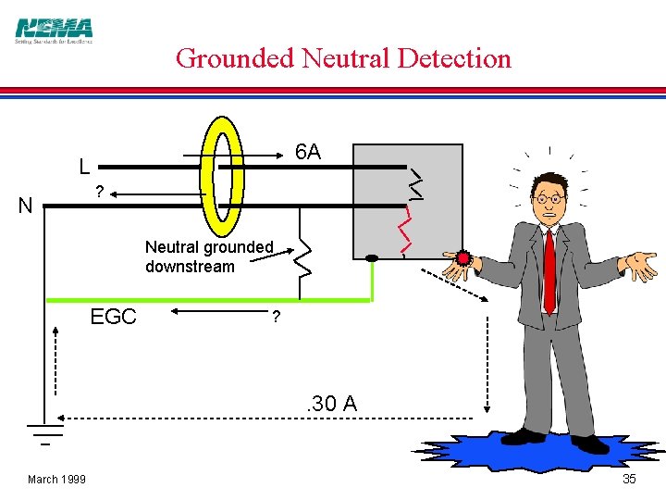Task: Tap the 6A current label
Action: coord(308,152)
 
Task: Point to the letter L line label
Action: coord(84,168)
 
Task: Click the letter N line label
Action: coord(25,206)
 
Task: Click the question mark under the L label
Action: coord(98,193)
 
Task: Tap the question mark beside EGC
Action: coord(275,317)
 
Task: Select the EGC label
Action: coord(113,317)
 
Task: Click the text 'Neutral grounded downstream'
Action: coord(209,256)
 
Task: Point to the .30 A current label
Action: coord(331,404)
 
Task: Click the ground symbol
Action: coord(43,431)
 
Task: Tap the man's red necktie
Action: coord(549,269)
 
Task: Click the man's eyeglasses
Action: coord(548,197)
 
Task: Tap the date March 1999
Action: coord(56,479)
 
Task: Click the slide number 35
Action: coord(629,479)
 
